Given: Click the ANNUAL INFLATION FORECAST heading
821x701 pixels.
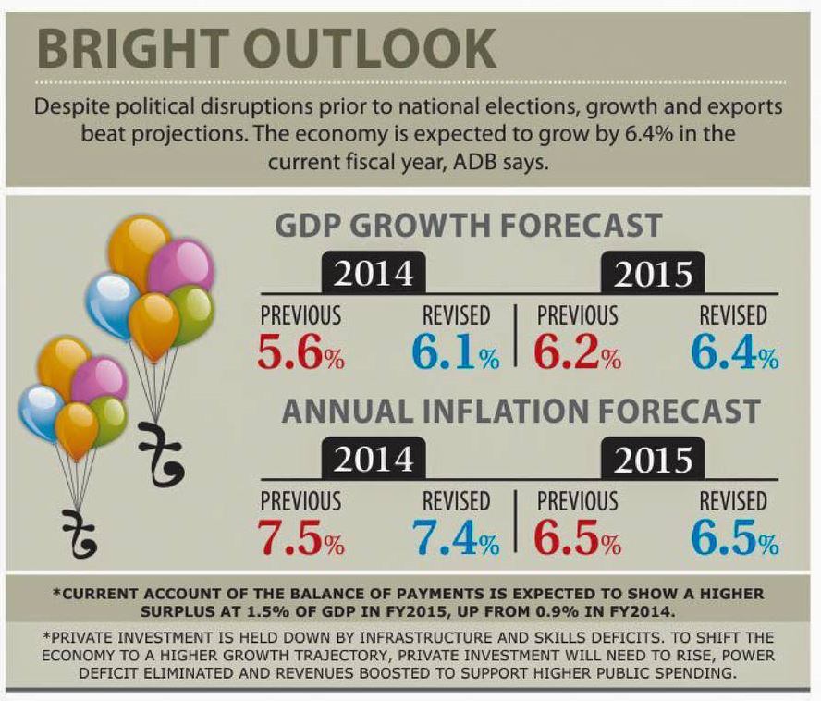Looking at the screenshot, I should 521,412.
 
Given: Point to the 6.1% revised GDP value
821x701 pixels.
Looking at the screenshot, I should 456,355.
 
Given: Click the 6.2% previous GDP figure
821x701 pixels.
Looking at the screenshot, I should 578,355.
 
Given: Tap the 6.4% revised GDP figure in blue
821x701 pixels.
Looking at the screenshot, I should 734,355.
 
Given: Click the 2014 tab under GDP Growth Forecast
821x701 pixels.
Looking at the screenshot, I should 373,274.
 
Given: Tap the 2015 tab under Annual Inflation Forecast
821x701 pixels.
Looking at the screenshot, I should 652,460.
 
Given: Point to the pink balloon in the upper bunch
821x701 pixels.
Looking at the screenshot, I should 180,264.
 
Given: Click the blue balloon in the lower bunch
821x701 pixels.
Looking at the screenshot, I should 42,412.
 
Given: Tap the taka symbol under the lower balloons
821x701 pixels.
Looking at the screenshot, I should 80,536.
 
